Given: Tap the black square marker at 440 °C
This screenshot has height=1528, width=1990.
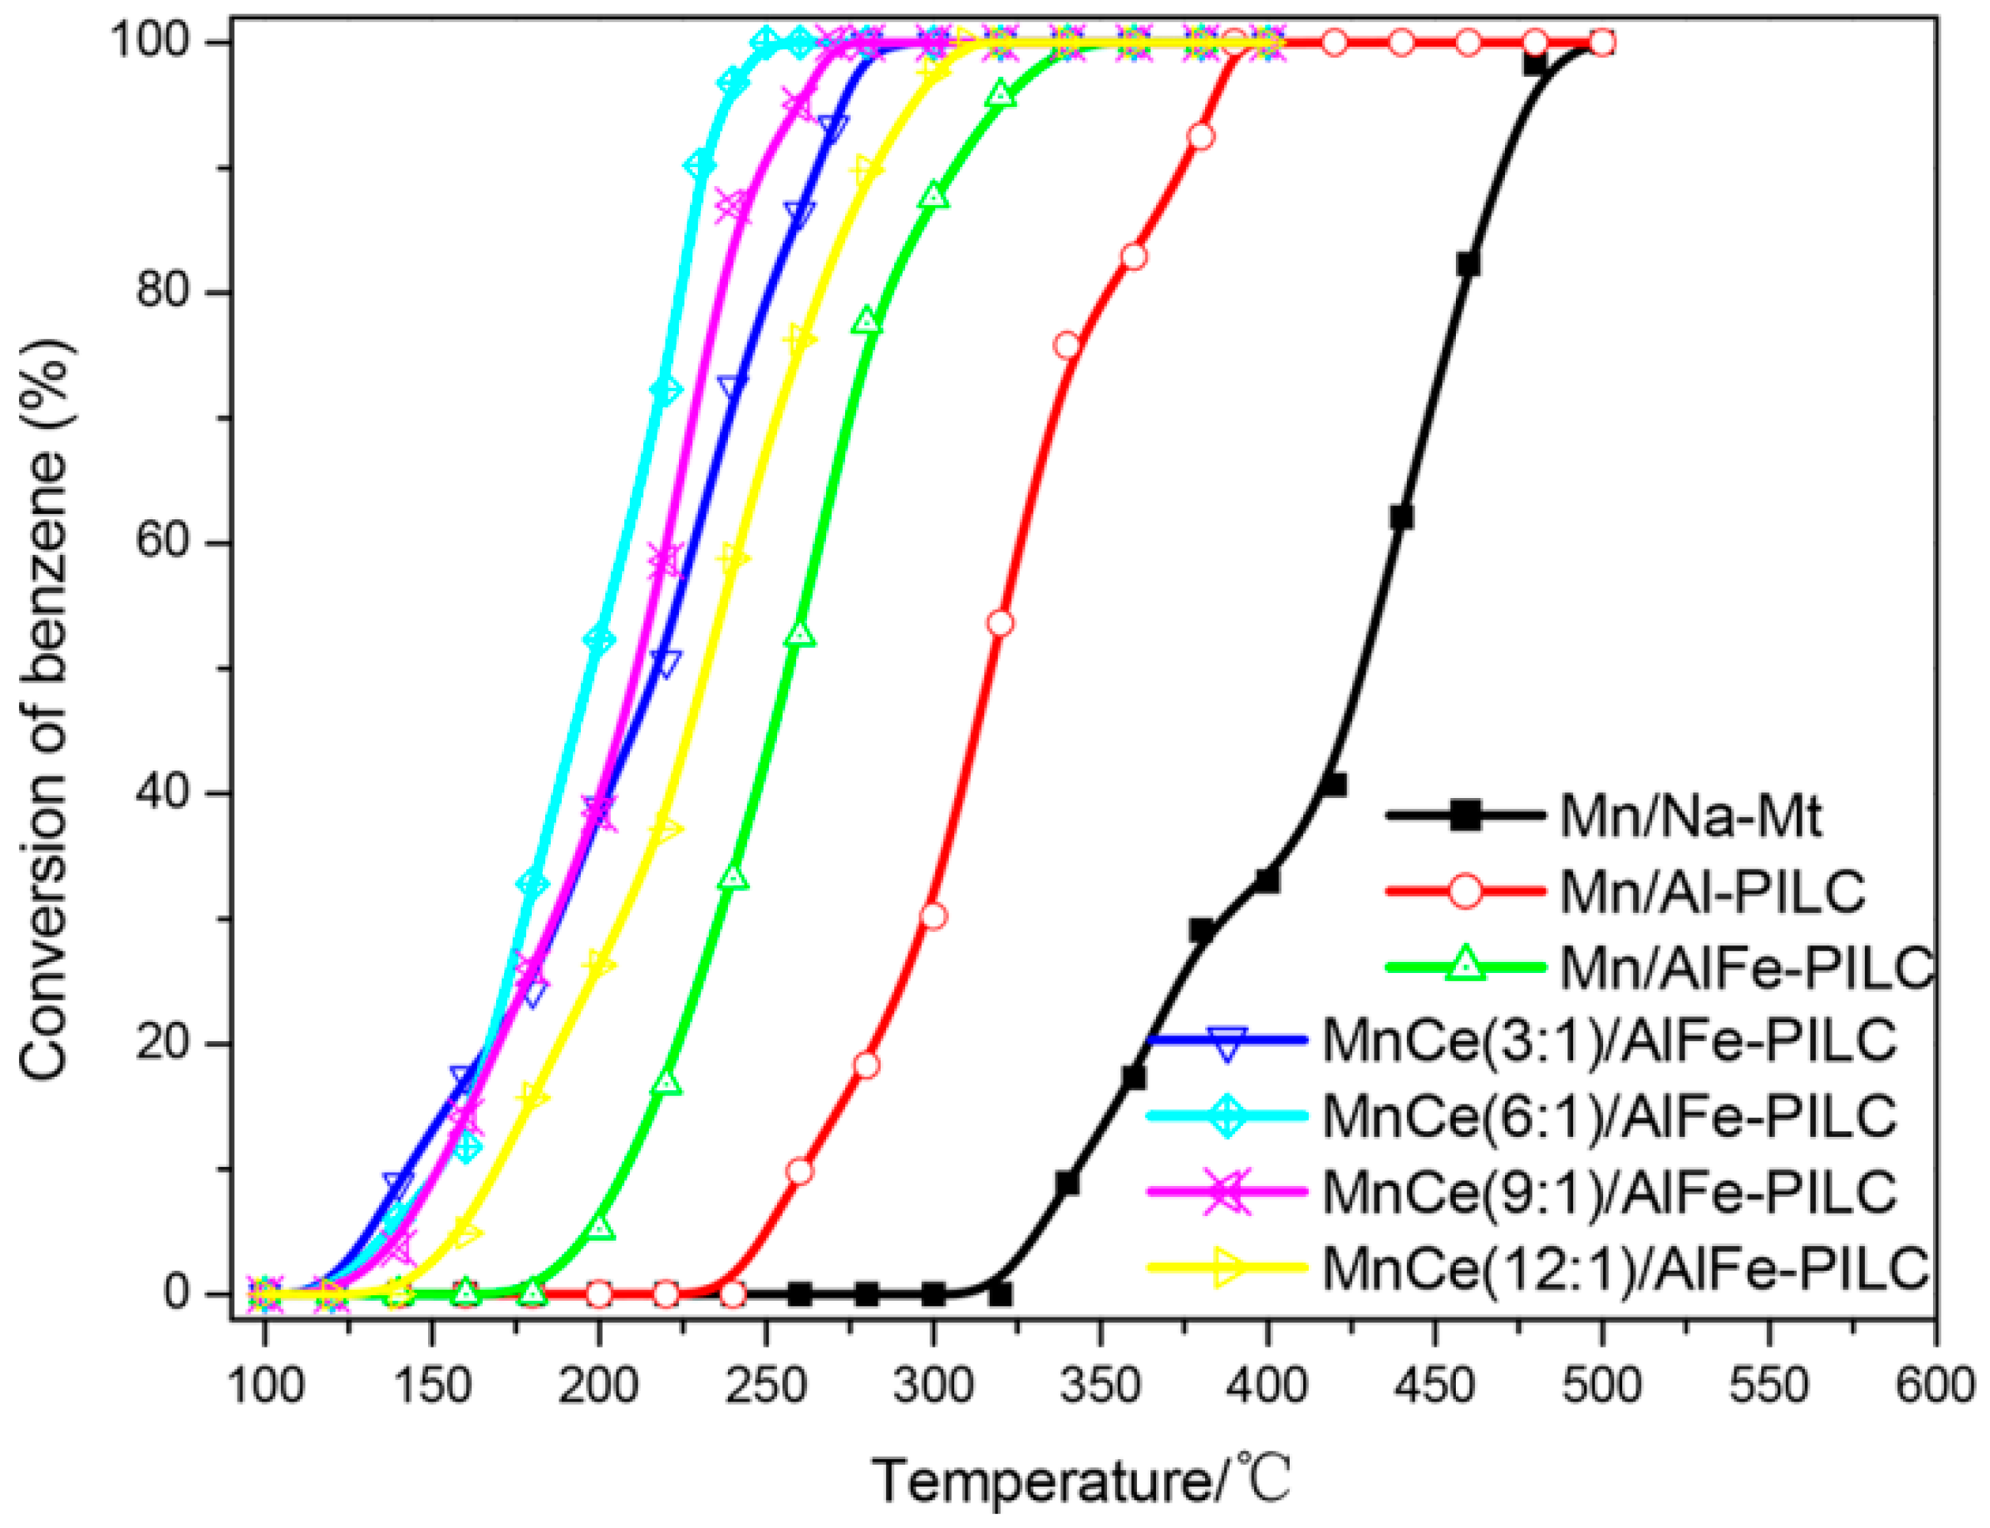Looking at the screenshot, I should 1401,518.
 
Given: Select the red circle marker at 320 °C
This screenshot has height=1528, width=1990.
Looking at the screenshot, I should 1000,623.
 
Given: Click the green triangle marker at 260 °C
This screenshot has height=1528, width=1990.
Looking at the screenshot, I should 800,634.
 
